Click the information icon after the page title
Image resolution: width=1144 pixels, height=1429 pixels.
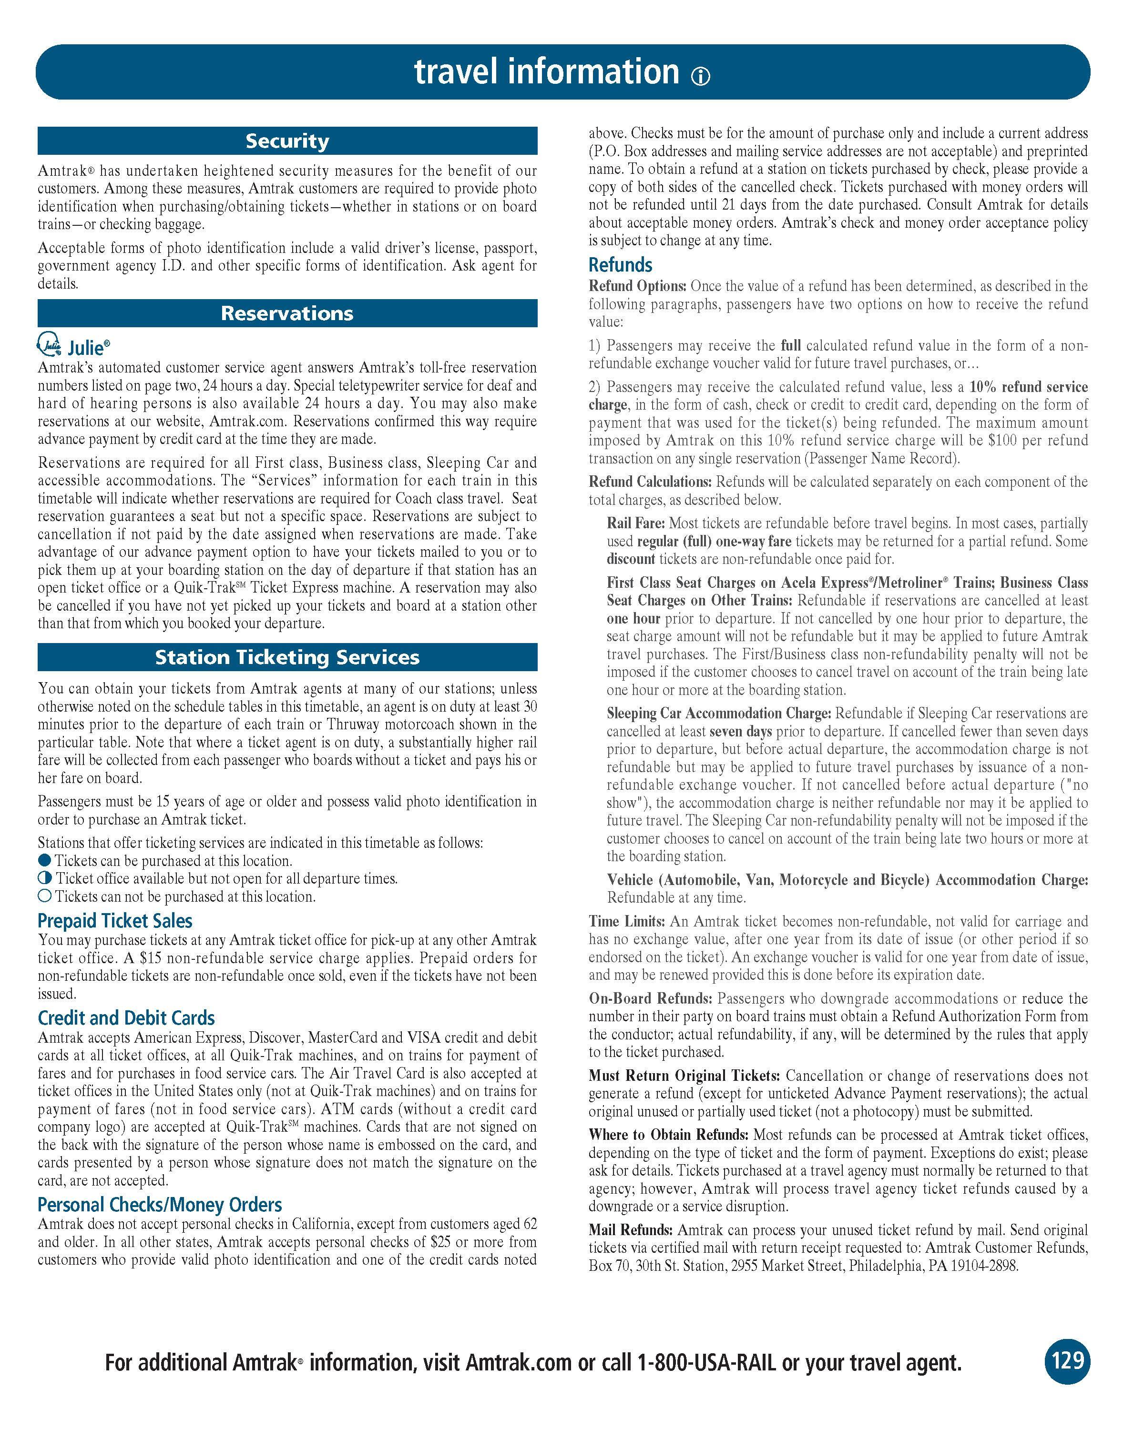click(700, 77)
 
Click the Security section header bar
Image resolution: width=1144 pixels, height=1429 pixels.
click(287, 141)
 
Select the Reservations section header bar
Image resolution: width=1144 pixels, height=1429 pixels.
click(287, 313)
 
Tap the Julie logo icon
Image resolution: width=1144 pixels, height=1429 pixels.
click(49, 345)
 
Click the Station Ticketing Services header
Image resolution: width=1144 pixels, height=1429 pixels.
click(287, 657)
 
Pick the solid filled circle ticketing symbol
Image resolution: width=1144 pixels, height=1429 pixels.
click(44, 860)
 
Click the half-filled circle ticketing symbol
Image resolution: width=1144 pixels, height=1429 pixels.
click(44, 878)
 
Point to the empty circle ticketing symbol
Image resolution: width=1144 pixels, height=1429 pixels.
click(44, 896)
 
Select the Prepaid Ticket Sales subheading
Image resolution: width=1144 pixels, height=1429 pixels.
click(115, 921)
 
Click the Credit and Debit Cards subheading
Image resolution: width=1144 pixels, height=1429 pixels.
click(126, 1018)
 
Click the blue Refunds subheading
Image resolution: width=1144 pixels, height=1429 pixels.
click(620, 265)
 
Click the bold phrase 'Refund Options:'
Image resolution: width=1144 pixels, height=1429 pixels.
click(637, 286)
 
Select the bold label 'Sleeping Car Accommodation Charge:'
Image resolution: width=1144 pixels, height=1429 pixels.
click(719, 713)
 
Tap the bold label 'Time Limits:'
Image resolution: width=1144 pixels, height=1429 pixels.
click(627, 921)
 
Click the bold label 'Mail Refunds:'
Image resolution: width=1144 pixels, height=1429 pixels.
click(631, 1230)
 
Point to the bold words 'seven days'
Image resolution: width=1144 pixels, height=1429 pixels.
click(741, 732)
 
